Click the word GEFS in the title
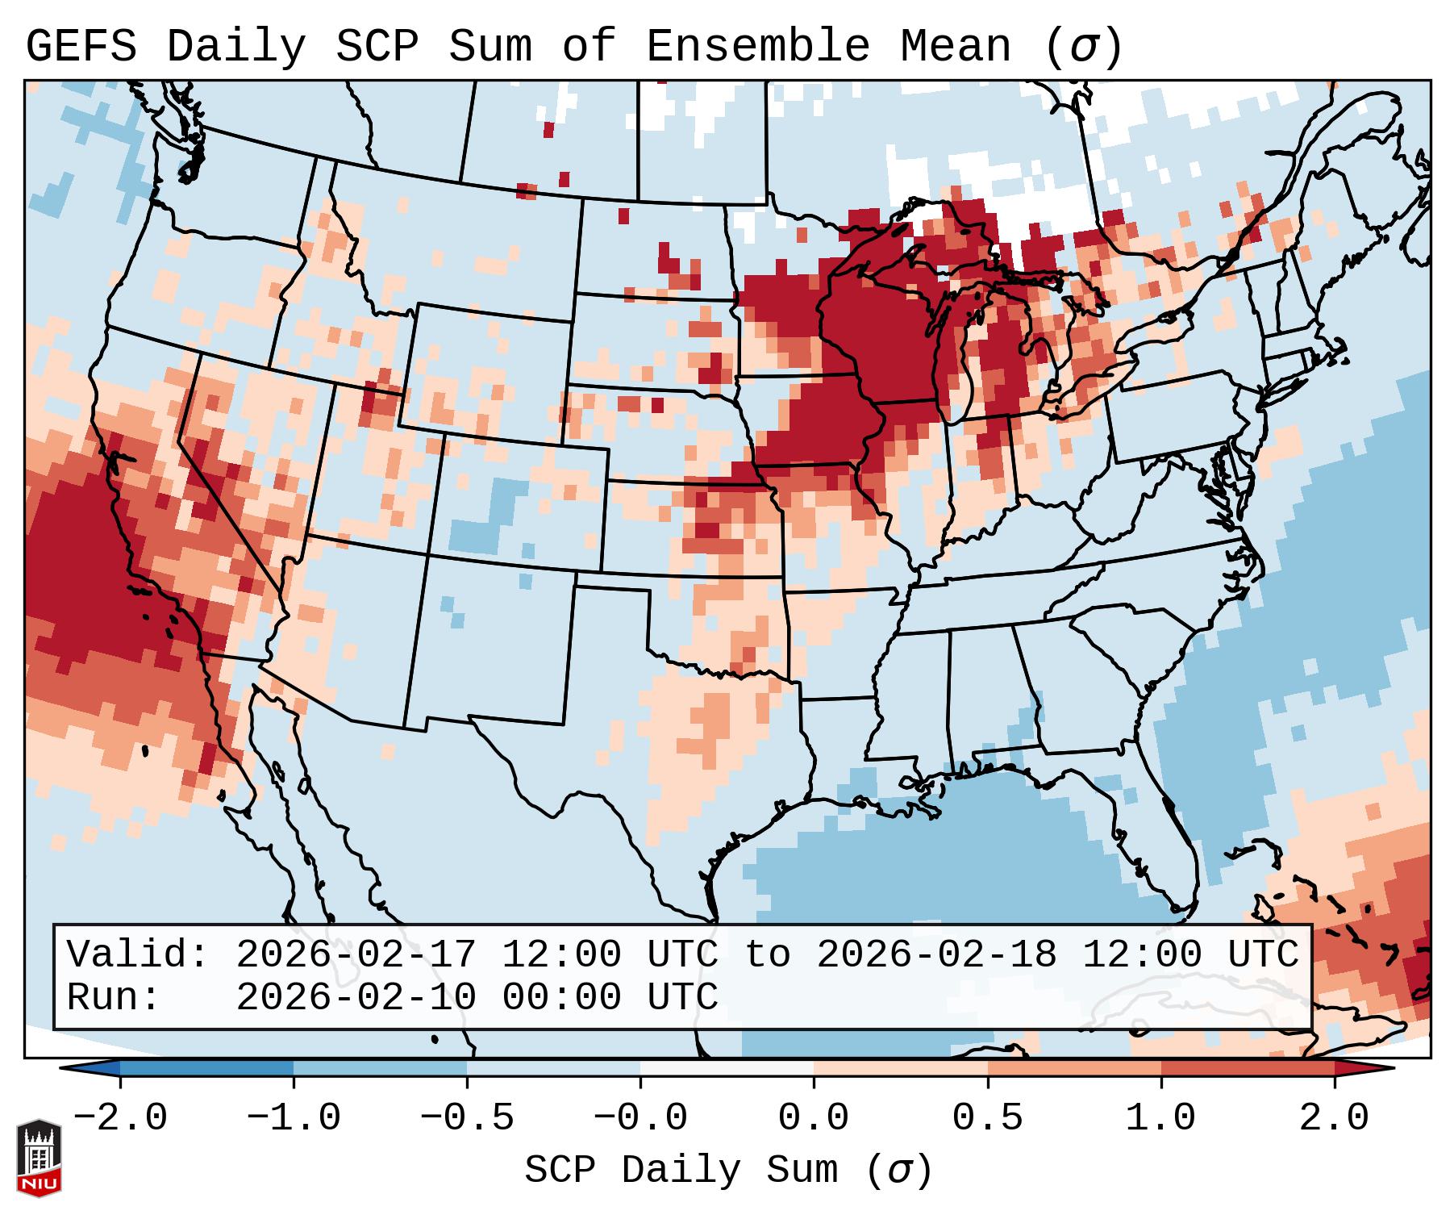(81, 46)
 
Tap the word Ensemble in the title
(758, 46)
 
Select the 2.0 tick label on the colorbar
(1335, 1118)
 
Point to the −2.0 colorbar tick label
(120, 1118)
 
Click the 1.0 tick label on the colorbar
(1161, 1118)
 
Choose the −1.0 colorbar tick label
(294, 1118)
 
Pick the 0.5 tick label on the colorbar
(988, 1118)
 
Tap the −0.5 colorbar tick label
(467, 1118)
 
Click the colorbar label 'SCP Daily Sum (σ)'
(728, 1170)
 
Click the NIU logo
(39, 1158)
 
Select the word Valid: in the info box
(138, 954)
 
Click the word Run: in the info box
(114, 997)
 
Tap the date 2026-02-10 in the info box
(356, 997)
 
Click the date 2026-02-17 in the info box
(356, 954)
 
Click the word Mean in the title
(956, 46)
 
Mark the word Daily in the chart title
(236, 46)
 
